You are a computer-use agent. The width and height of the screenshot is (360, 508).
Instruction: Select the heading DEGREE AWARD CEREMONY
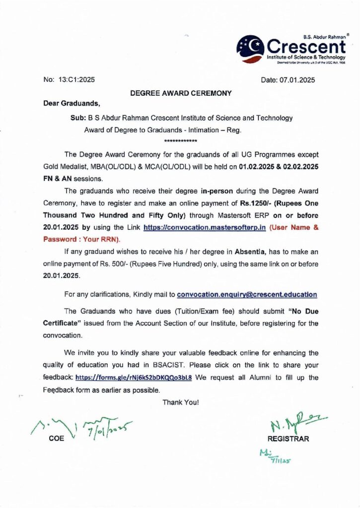click(x=181, y=93)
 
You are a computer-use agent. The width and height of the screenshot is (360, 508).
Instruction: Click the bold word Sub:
click(x=78, y=118)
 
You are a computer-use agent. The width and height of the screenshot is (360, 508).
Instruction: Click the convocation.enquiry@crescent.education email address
click(x=247, y=294)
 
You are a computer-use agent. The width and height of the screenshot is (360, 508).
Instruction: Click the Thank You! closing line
click(x=181, y=402)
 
